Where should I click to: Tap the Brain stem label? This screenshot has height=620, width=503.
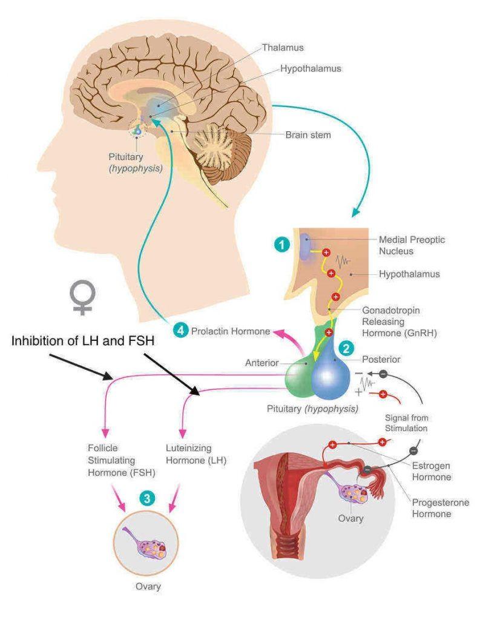tap(308, 134)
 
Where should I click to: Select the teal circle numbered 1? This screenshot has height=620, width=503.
tap(280, 245)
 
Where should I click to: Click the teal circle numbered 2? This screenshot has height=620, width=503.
tap(346, 348)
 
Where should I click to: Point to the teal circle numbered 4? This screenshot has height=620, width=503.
tap(180, 331)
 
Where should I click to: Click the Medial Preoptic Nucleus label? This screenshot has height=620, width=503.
tap(412, 245)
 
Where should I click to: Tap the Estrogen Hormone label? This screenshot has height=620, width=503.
tap(432, 472)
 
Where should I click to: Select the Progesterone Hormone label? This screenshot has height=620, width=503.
tap(440, 508)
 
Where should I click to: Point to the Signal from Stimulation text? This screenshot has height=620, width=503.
tap(406, 423)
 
